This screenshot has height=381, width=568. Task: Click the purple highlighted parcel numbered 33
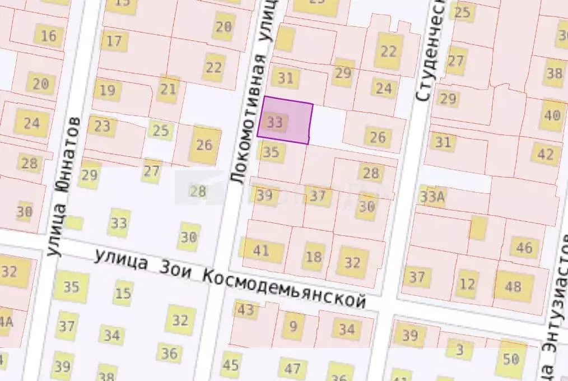285,120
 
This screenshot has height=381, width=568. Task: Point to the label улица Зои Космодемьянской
230,277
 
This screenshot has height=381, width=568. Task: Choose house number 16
49,36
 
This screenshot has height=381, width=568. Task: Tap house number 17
114,41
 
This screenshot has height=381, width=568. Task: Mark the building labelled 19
108,90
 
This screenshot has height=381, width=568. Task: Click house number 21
168,89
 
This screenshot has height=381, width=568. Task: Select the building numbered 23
102,126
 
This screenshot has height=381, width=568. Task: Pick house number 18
314,257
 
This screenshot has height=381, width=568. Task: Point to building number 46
524,247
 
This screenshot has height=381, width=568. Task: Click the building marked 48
513,287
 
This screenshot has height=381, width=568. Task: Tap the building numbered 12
466,285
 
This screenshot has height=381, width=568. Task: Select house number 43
245,310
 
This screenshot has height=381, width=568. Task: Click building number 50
511,359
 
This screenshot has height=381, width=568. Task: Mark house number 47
292,369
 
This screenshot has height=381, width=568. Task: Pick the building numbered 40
552,116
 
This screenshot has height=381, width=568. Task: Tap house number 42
545,154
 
